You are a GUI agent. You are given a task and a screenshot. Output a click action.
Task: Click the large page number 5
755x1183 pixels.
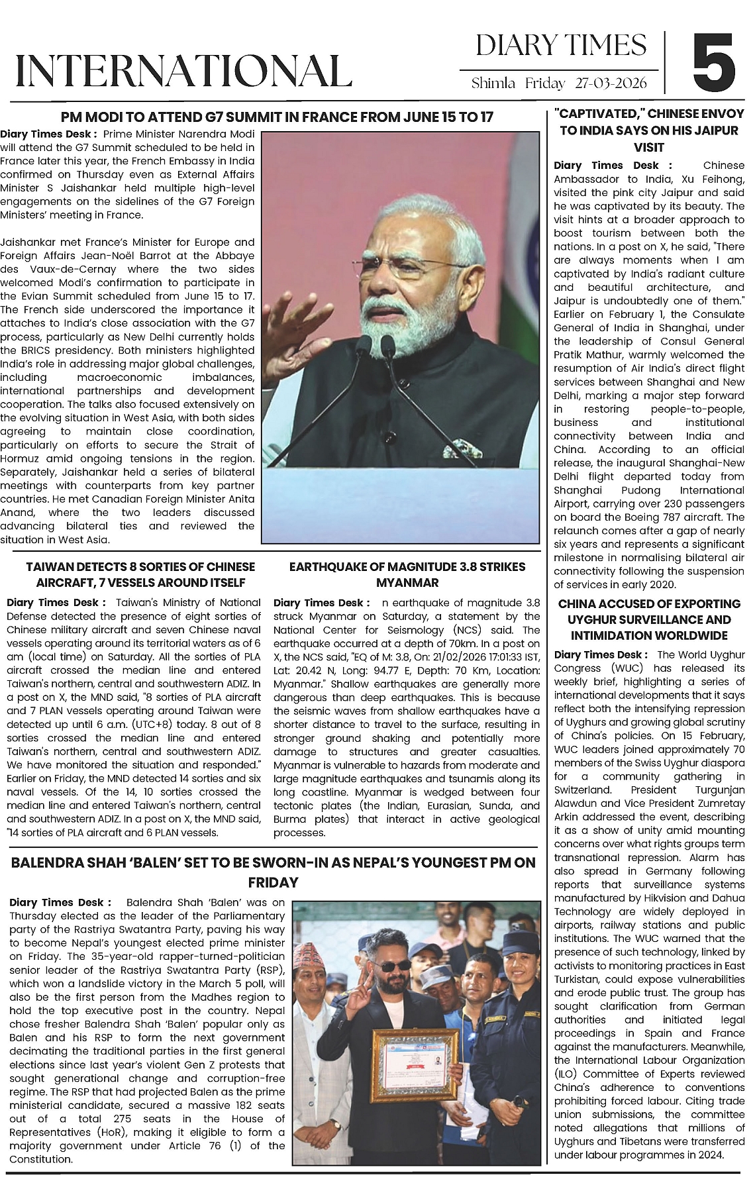click(714, 64)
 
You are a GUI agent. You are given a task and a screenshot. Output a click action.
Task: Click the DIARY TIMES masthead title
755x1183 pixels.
click(561, 46)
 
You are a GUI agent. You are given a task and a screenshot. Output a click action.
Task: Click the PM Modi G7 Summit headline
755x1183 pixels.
click(277, 117)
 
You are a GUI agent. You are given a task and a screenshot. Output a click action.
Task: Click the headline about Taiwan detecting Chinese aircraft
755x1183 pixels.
click(140, 574)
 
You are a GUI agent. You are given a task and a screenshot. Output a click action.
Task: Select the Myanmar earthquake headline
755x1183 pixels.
click(407, 574)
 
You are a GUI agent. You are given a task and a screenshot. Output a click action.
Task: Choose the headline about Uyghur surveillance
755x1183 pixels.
click(649, 619)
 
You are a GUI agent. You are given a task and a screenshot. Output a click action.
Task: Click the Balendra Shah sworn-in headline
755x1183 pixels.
click(273, 872)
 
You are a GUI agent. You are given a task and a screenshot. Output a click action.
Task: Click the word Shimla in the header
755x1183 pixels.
click(493, 83)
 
